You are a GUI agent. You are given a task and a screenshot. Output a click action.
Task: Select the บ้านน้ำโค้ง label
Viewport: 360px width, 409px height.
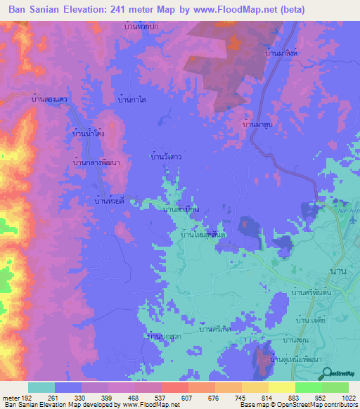90,131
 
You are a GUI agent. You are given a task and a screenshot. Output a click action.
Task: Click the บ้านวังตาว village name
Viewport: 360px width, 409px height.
167,157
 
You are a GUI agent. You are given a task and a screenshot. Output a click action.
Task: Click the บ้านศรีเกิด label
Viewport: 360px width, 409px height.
216,328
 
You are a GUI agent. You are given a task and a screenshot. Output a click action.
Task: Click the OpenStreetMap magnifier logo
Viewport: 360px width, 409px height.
324,373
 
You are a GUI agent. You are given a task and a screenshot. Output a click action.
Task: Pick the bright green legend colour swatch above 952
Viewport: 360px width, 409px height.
308,387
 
